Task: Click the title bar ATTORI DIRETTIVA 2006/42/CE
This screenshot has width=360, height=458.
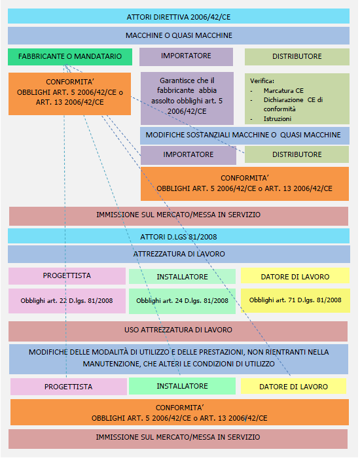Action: click(x=179, y=16)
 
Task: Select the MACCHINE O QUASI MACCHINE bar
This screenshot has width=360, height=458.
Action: click(x=179, y=35)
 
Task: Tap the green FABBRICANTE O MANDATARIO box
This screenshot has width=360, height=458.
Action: click(x=70, y=57)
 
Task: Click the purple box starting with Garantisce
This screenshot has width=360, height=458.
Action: click(x=187, y=98)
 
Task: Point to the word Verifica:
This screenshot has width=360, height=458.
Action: click(x=262, y=81)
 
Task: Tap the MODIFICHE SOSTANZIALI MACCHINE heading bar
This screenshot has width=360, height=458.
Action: click(x=245, y=135)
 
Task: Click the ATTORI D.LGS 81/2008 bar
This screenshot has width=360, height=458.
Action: click(x=179, y=236)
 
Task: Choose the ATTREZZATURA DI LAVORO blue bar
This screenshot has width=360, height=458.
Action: click(x=179, y=254)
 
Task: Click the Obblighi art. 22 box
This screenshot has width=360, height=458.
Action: click(x=67, y=301)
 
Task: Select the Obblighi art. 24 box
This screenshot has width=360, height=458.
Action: click(x=182, y=301)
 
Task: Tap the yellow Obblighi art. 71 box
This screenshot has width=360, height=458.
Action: click(x=295, y=300)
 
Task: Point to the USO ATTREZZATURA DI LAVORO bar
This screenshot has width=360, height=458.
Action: click(x=178, y=331)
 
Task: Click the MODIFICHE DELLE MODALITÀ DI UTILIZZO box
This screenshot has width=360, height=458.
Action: click(x=179, y=359)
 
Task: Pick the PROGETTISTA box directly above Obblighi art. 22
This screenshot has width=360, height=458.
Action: click(x=67, y=276)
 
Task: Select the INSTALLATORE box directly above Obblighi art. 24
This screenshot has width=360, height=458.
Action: click(x=182, y=276)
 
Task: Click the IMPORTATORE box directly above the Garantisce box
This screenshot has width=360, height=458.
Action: click(x=186, y=57)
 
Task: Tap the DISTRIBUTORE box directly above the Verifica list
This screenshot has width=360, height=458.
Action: click(x=297, y=57)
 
